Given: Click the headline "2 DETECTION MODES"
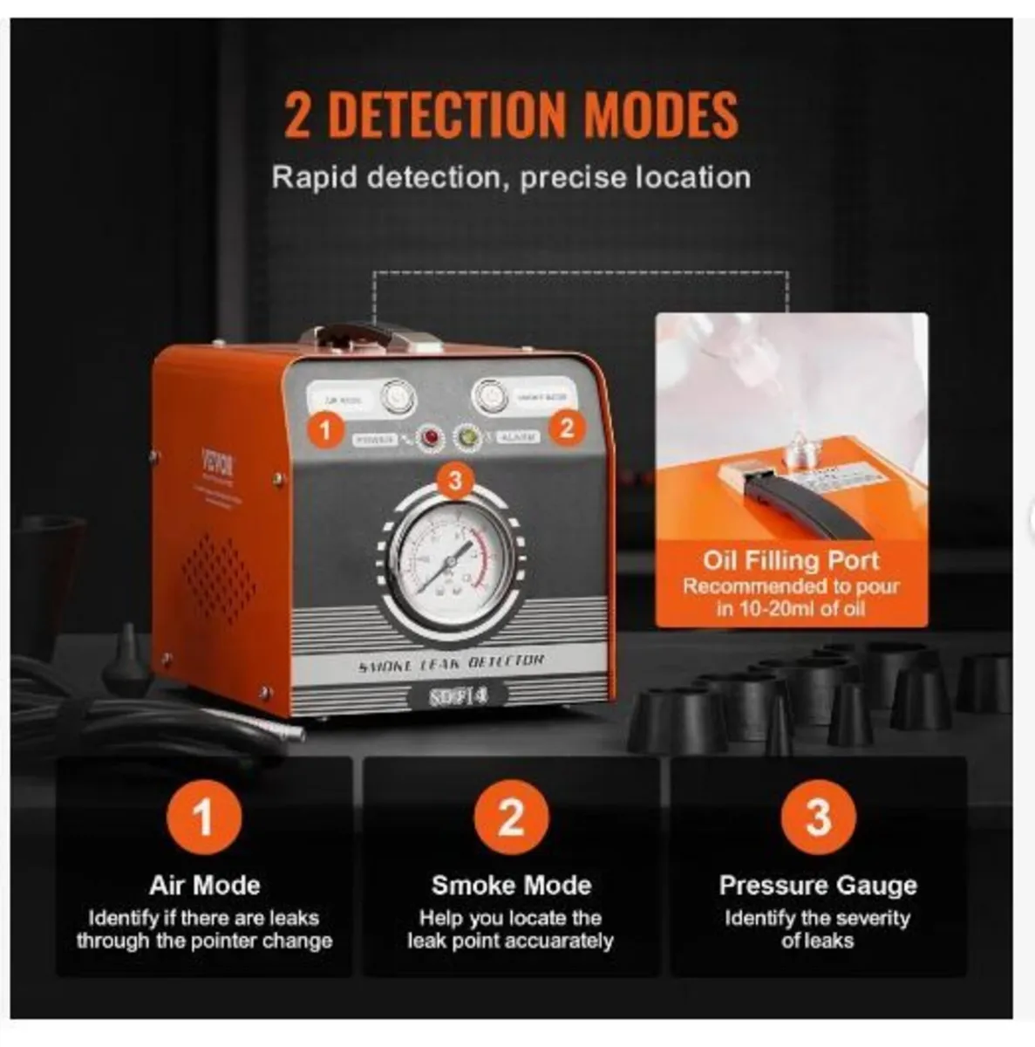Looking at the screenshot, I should [511, 114].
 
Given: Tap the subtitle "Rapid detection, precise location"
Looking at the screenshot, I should [511, 177].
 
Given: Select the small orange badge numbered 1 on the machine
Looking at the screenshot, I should [326, 429].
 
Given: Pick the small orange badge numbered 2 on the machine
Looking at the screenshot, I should [567, 428].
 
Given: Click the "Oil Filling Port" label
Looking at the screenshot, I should [791, 560].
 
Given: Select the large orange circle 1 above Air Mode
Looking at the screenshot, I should [203, 818].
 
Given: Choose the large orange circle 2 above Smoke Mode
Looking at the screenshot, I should [511, 818].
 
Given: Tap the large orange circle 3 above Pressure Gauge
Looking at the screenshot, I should [818, 818].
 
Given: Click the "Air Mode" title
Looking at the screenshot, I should [204, 886].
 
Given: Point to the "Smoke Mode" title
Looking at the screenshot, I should [511, 886].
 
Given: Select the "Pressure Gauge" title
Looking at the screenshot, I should [818, 886].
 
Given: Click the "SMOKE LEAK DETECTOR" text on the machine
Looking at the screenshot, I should [451, 663].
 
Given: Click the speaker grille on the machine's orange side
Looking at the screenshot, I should [218, 577].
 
